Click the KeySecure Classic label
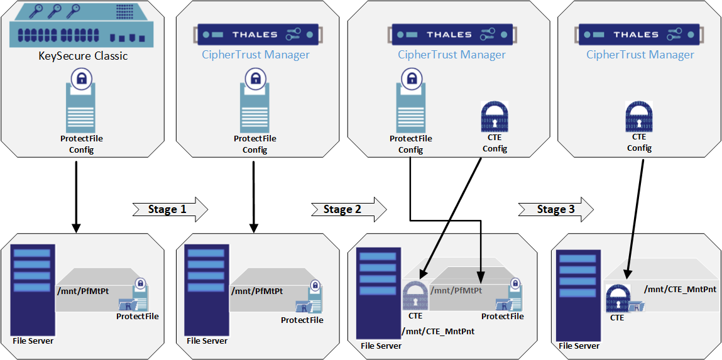[84, 56]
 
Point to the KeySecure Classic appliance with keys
[83, 25]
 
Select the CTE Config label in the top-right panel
[639, 143]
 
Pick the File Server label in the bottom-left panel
[33, 341]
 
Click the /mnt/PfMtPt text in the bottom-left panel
[82, 291]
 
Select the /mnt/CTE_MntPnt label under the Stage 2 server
[438, 330]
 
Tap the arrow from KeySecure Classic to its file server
[76, 195]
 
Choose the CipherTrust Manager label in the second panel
[256, 55]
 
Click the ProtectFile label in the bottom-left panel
[138, 316]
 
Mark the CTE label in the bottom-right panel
[617, 318]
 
